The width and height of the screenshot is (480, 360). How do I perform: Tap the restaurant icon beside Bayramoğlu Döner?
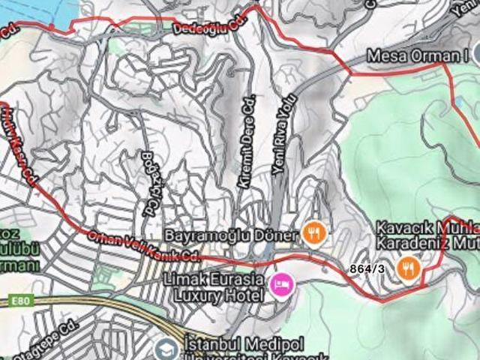click(313, 232)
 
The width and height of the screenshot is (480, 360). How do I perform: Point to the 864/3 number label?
click(367, 268)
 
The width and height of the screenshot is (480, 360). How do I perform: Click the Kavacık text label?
click(401, 227)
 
